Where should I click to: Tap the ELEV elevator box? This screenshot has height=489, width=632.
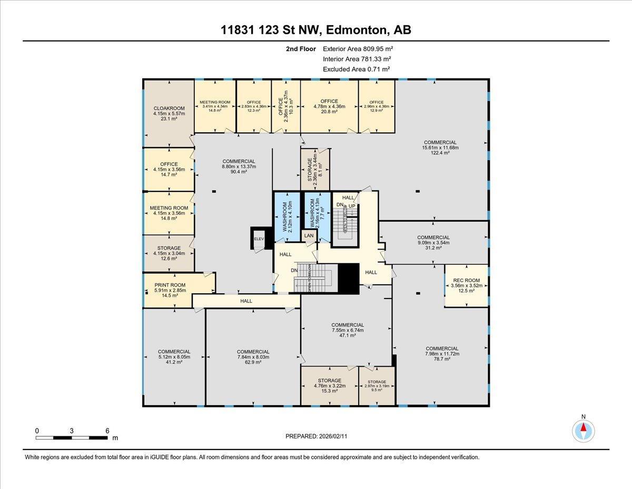pos(259,239)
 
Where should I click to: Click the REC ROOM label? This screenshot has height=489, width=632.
pos(466,280)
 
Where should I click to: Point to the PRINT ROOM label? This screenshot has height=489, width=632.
pos(170,285)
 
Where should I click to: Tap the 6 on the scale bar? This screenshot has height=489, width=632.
pos(107,430)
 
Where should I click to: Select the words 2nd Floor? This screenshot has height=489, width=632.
pos(301,49)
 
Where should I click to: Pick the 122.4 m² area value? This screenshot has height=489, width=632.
pos(440,153)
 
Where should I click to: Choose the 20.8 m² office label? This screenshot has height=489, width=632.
pos(329,112)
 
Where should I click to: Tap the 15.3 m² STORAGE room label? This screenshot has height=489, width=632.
pos(329,390)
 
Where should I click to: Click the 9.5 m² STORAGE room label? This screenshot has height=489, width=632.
pos(377,390)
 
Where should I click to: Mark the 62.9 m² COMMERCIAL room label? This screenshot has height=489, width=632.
pos(253,362)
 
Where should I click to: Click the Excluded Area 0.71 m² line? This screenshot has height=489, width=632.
pos(357,69)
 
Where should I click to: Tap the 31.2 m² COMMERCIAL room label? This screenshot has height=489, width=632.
pos(433,248)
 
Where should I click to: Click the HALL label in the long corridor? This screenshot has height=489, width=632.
pos(246,301)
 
